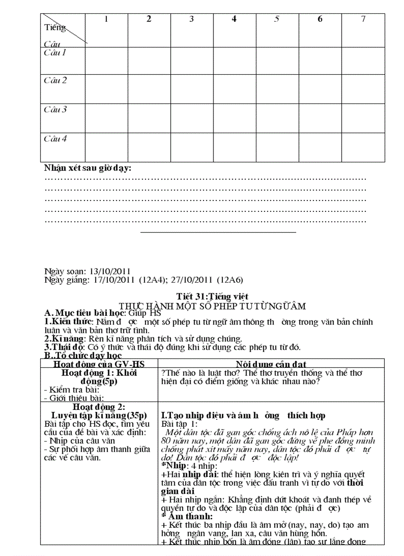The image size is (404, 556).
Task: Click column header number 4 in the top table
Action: tap(234, 19)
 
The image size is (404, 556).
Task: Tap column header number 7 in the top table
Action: tap(363, 19)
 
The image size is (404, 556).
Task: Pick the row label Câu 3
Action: tap(55, 109)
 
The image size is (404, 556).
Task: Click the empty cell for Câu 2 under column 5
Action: tap(277, 89)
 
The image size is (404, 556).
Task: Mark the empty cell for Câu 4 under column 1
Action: tap(106, 147)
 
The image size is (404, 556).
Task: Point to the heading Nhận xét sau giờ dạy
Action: tap(88, 168)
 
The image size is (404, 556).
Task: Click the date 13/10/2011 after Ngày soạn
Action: tap(109, 271)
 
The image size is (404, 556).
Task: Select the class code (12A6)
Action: tap(230, 279)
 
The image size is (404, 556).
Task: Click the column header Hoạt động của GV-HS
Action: tap(99, 364)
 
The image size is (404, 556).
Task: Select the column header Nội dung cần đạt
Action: tap(271, 364)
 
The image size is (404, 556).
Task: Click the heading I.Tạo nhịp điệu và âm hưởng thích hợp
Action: tap(243, 415)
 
